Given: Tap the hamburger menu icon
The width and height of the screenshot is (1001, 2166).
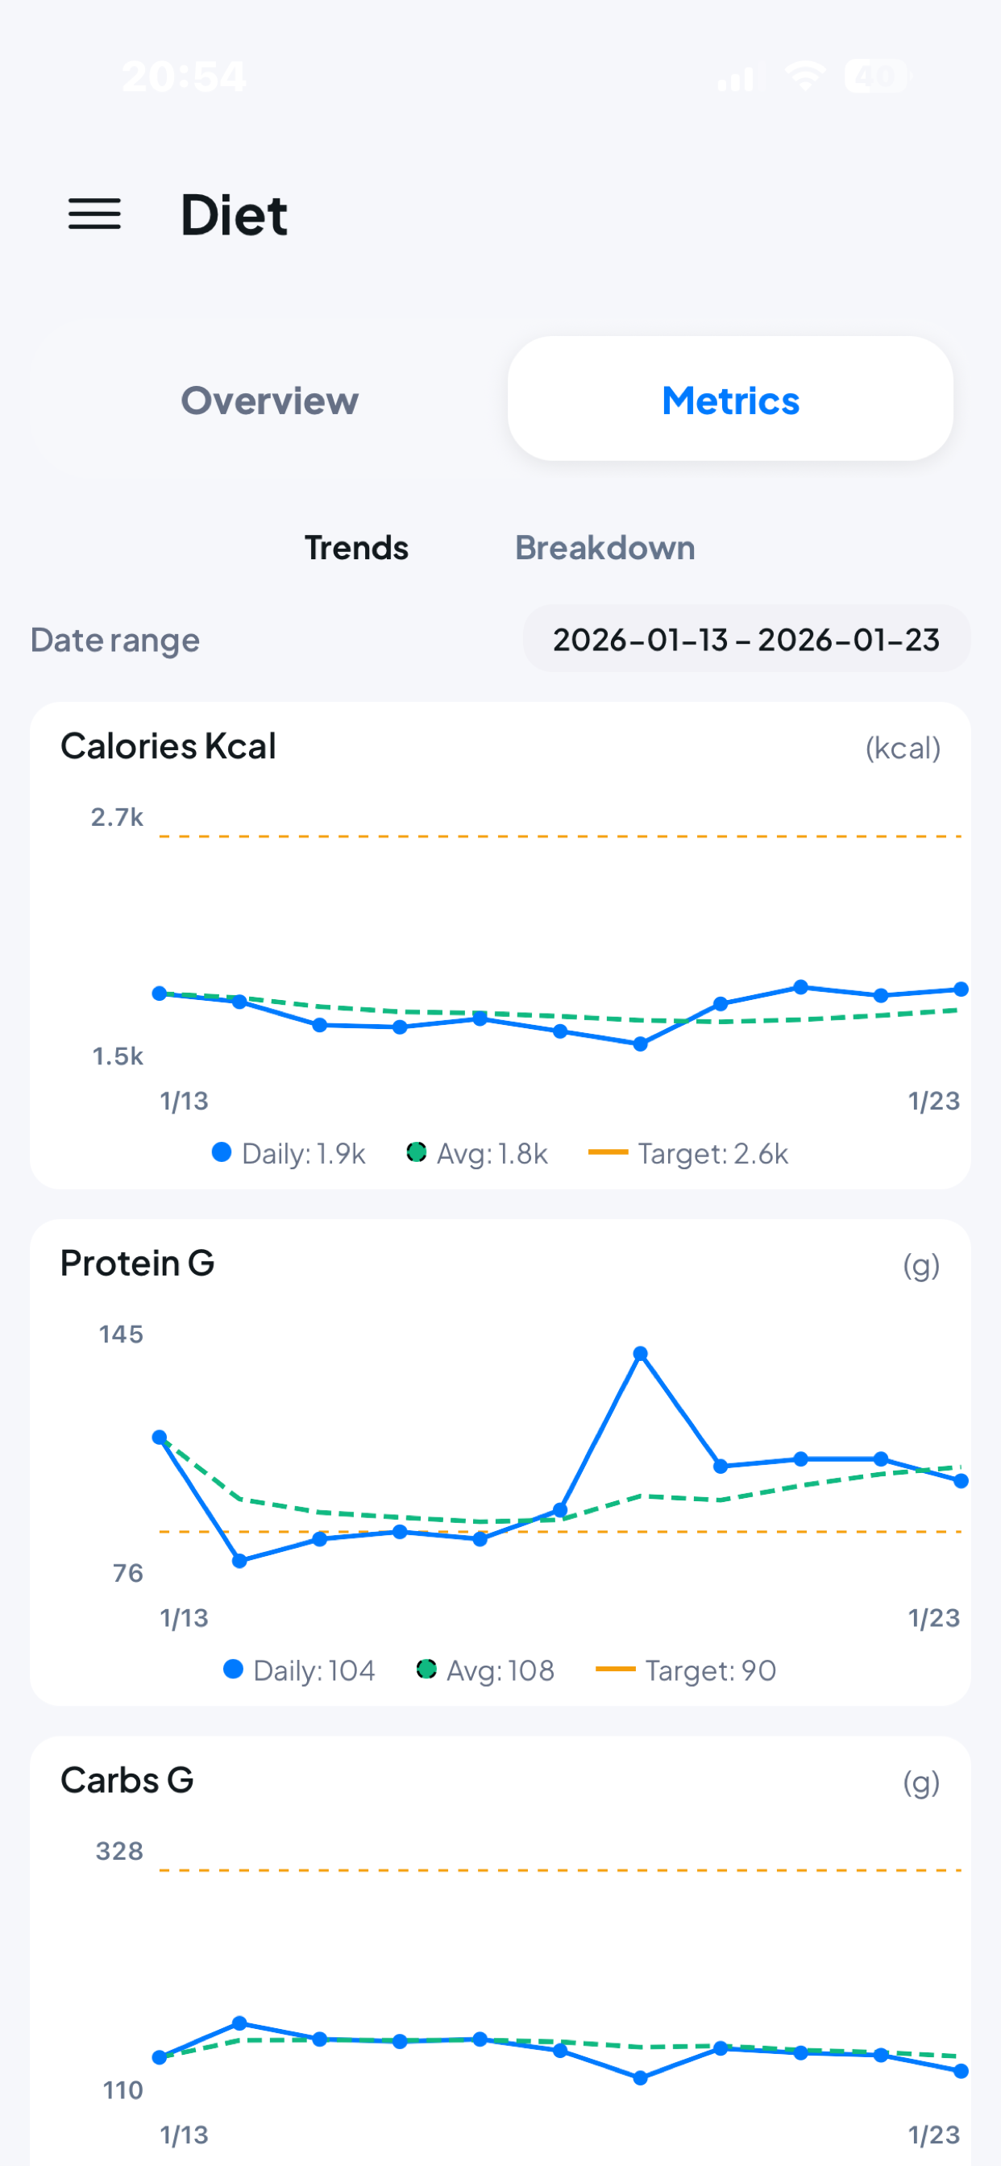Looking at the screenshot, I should tap(94, 214).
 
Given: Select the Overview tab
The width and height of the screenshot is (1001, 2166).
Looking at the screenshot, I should tap(270, 400).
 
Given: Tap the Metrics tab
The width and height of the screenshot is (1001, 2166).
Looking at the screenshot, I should tap(730, 400).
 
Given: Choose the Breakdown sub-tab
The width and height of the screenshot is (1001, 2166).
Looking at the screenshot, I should tap(604, 548).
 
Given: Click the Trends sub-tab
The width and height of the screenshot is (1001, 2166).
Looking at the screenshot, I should tap(357, 548).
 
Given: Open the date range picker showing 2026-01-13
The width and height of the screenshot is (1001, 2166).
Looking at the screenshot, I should tap(746, 640).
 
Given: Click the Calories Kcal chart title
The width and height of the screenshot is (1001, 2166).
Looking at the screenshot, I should tap(168, 747).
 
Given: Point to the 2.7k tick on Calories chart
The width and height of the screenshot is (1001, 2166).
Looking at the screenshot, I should tap(117, 817).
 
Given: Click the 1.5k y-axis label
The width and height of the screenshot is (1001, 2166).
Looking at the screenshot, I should tap(118, 1056).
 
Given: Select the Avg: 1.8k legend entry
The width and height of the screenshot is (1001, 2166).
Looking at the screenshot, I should tap(478, 1154).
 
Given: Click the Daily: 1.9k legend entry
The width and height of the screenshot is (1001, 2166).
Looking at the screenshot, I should tap(289, 1154).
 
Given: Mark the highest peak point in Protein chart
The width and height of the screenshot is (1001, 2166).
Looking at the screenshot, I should tap(641, 1354).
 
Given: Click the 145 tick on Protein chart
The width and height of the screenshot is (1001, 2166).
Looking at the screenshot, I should tap(121, 1334).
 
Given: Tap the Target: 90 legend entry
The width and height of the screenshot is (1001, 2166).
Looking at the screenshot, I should tap(687, 1670).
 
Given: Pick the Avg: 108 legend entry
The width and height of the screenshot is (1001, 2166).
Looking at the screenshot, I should tap(486, 1670).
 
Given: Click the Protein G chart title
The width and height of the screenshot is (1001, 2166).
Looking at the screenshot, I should tap(138, 1263).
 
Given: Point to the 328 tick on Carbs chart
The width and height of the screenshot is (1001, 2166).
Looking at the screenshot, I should tap(119, 1852).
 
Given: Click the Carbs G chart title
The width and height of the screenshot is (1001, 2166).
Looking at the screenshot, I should tap(128, 1781).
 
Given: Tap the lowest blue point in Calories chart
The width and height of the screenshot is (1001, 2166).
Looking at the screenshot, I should tap(641, 1044).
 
